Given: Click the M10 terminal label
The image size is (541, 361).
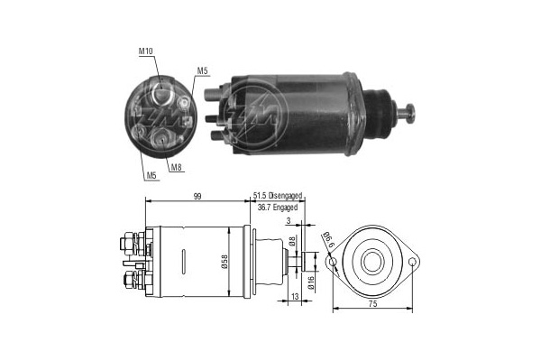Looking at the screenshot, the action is coord(145,51).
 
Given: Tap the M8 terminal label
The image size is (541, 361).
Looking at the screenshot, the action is coord(176,168).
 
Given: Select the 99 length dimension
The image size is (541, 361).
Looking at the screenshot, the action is coord(197,196).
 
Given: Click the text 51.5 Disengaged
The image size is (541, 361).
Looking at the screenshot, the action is coord(278,196).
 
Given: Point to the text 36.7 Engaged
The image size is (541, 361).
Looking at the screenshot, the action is coord(278,208).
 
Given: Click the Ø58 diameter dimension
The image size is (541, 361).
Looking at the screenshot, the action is coord(225,263).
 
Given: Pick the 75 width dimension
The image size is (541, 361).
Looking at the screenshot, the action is coord(373,304).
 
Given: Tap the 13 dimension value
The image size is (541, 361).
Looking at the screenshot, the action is coord(295,297).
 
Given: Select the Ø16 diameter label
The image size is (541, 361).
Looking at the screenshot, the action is coord(312,282).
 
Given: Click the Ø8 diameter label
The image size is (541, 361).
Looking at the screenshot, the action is coord(292,241).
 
